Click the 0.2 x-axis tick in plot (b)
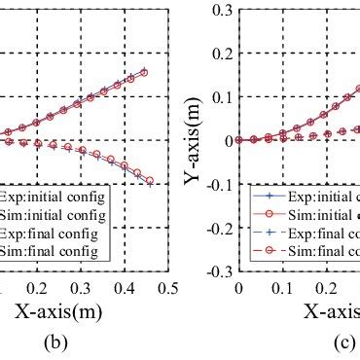[x=36, y=289]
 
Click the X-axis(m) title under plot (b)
[x=57, y=312]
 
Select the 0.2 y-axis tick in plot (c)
[x=220, y=54]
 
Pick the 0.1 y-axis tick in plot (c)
[x=220, y=97]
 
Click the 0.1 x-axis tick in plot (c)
[x=282, y=289]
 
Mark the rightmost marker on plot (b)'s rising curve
[x=144, y=71]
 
